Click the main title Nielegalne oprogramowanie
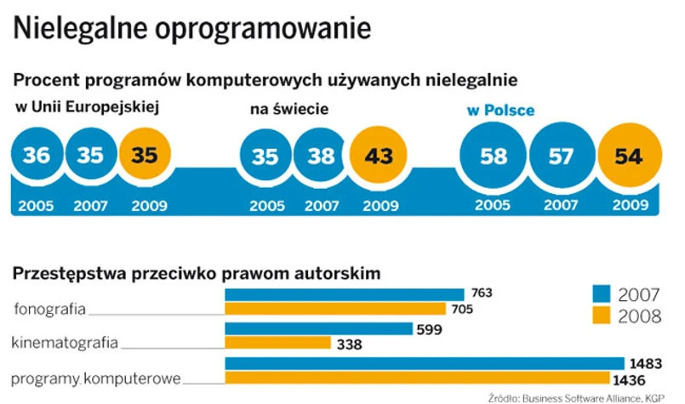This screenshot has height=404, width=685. pos(192,27)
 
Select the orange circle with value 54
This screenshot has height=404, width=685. pos(631,156)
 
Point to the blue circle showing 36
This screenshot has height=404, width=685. pos(37,155)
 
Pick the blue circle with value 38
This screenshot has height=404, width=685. pos(320,156)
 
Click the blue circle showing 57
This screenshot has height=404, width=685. pos(561,156)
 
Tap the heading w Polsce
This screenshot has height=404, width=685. pos(500,110)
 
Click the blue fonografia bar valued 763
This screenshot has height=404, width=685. pos(344,293)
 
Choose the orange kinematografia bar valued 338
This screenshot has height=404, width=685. pos(277,344)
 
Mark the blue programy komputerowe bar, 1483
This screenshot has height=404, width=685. pos(425,363)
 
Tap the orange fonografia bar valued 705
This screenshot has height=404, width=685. pos(335,309)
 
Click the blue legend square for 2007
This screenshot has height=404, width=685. pos(602,294)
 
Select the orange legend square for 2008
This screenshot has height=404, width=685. pos(602,316)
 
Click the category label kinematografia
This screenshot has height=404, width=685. pos(64,344)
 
